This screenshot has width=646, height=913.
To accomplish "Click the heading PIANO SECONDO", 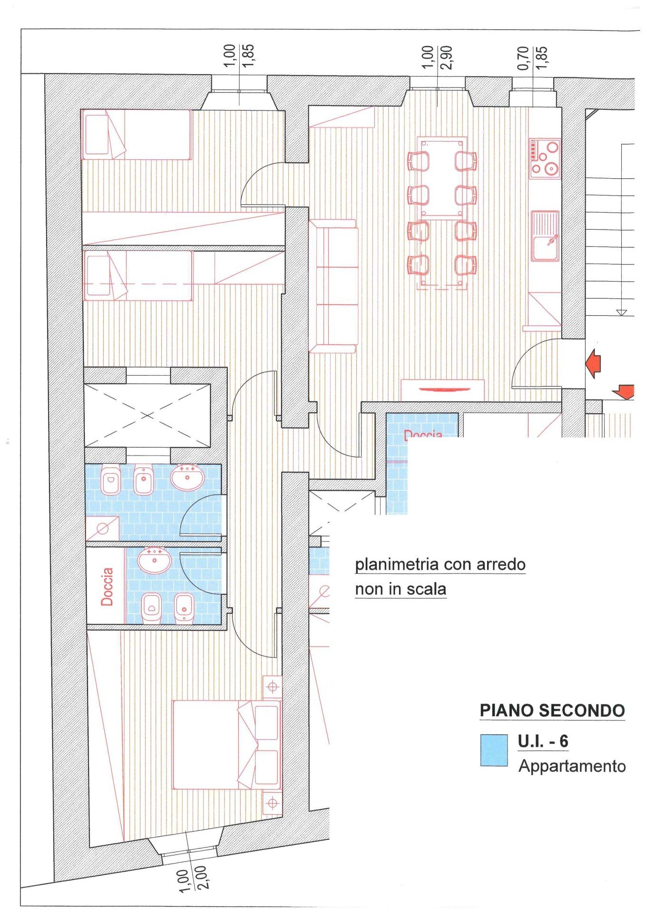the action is pyautogui.click(x=552, y=710).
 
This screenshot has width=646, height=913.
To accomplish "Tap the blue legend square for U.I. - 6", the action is pyautogui.click(x=494, y=750).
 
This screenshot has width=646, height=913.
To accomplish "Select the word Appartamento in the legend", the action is pyautogui.click(x=572, y=766).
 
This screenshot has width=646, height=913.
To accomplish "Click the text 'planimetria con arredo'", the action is pyautogui.click(x=440, y=564).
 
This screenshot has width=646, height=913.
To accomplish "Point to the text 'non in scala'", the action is pyautogui.click(x=401, y=589).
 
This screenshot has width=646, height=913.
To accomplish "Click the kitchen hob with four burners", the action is pyautogui.click(x=545, y=159).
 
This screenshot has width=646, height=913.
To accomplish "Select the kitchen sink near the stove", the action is pyautogui.click(x=545, y=236).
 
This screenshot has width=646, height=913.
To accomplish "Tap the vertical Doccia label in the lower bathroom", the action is pyautogui.click(x=107, y=586).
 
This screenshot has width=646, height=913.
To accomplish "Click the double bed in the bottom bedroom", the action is pyautogui.click(x=226, y=745).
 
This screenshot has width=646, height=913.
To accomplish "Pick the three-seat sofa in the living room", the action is pyautogui.click(x=333, y=286).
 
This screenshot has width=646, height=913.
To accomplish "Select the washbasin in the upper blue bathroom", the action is pyautogui.click(x=187, y=477).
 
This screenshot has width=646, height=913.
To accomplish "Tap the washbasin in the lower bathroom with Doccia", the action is pyautogui.click(x=154, y=560).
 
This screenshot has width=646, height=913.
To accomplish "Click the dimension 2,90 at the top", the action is pyautogui.click(x=446, y=58).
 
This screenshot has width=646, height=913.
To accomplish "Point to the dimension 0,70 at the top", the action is pyautogui.click(x=523, y=58).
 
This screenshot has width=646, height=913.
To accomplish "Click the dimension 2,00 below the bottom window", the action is pyautogui.click(x=200, y=877).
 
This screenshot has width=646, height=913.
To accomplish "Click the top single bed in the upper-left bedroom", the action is pyautogui.click(x=136, y=134).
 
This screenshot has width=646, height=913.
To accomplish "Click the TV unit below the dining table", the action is pyautogui.click(x=442, y=390).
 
